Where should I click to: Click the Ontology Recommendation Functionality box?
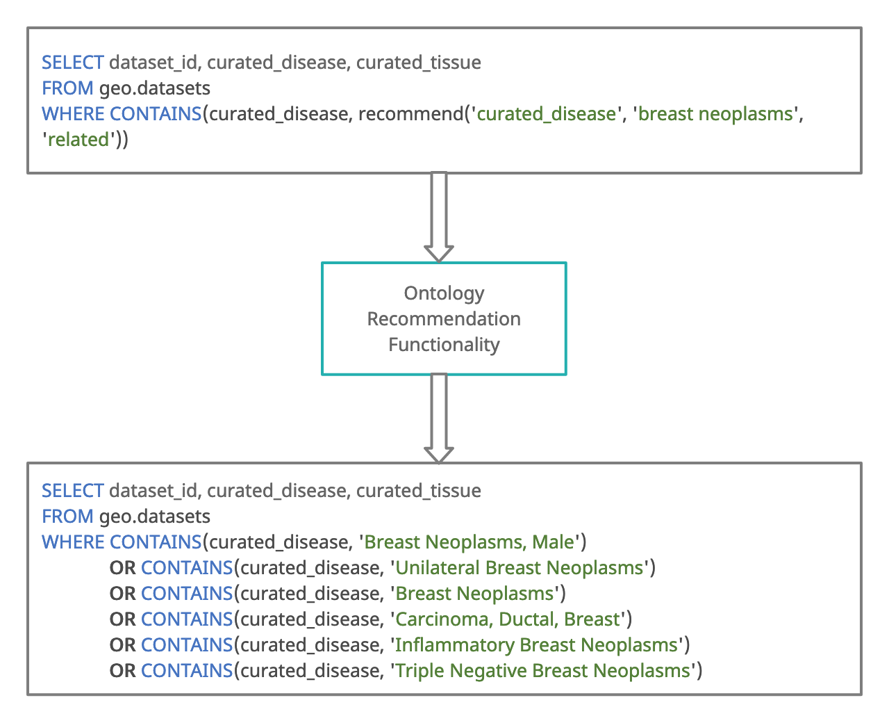tap(444, 319)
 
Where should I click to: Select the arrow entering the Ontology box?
tap(439, 216)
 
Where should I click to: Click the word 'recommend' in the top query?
tap(410, 114)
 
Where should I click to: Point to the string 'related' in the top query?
tap(78, 140)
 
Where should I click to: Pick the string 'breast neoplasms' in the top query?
tap(715, 114)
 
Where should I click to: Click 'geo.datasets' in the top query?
tap(155, 88)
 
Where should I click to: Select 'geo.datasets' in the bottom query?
tap(155, 517)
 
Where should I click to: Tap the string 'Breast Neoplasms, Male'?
tap(470, 542)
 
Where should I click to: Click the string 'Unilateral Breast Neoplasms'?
tap(520, 568)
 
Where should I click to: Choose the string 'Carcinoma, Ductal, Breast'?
tap(508, 619)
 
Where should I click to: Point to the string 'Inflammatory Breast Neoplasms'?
tap(536, 645)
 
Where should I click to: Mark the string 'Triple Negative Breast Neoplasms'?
tap(542, 671)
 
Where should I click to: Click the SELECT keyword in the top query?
tap(73, 63)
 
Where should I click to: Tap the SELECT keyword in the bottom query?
tap(73, 491)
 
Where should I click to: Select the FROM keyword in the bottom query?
tap(67, 517)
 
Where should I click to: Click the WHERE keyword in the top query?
tap(74, 114)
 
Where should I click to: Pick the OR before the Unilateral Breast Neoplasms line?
tap(122, 568)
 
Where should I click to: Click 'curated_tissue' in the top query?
tap(419, 63)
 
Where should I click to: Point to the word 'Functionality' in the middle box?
tap(444, 345)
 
